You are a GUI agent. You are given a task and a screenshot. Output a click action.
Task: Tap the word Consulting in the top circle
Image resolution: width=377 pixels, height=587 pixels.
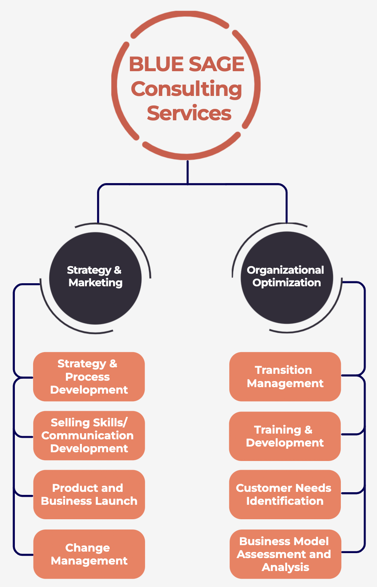187,89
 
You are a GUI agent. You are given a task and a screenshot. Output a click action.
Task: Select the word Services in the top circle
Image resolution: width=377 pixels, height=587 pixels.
189,113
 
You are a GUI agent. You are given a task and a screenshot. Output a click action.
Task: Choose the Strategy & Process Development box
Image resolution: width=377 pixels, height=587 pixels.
89,376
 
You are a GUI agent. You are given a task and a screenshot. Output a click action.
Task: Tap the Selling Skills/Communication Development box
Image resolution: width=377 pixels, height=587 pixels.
89,435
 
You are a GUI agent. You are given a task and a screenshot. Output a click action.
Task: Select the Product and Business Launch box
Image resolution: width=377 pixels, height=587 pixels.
89,494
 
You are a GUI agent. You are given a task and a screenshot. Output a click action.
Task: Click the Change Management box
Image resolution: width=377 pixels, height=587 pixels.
89,554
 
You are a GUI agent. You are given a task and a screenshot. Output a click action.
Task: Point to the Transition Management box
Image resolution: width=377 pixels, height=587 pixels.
285,376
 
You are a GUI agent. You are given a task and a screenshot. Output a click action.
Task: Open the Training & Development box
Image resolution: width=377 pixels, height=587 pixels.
285,436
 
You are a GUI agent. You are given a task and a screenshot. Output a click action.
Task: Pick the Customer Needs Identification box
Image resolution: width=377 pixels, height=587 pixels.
285,494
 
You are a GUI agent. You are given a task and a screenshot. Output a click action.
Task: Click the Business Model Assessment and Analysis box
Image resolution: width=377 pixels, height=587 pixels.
285,554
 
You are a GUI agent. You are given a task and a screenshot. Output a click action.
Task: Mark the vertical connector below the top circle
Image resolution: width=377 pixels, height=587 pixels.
188,172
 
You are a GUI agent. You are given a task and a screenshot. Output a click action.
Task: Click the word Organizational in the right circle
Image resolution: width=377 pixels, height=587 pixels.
285,270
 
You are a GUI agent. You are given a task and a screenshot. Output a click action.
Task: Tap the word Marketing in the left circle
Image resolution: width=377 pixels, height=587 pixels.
96,283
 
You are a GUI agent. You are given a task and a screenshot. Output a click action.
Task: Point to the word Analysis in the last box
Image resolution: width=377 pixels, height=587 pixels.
286,567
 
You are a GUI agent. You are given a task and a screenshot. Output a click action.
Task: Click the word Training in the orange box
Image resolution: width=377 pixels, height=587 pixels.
278,430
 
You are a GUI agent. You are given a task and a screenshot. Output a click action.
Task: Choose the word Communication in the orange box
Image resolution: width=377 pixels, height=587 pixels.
88,435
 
